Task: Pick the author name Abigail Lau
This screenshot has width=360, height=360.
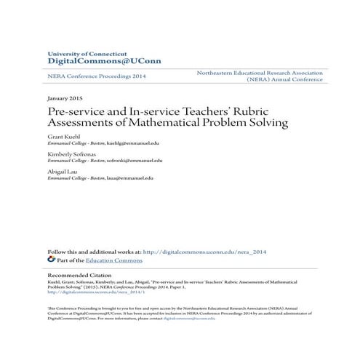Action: click(63, 172)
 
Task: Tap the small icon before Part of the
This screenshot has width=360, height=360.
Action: click(51, 259)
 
